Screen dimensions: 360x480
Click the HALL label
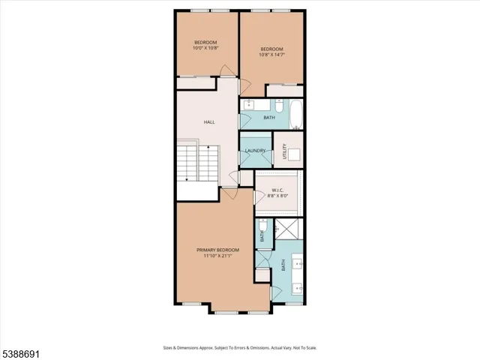pos(209,121)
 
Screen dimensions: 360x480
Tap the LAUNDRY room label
pos(255,151)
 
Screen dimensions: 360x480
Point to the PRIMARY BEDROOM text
pos(217,250)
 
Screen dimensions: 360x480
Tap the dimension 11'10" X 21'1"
pos(217,256)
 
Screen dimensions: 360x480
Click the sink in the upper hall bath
pos(249,104)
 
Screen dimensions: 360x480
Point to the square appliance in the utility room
pos(294,155)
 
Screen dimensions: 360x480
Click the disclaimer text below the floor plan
pos(240,347)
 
